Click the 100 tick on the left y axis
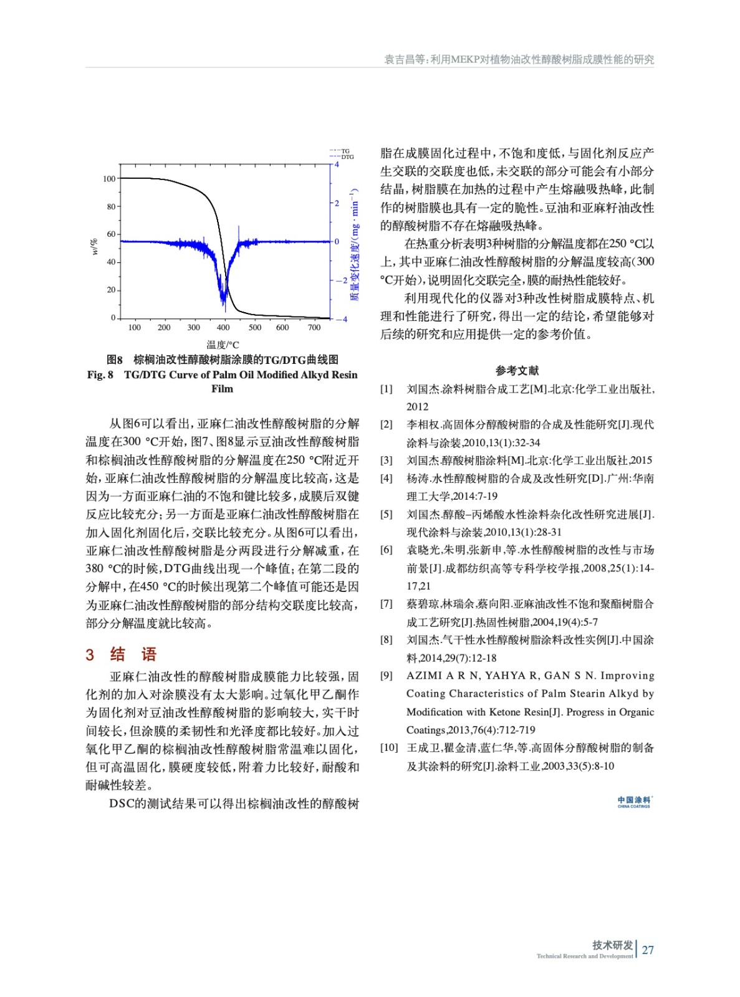[109, 179]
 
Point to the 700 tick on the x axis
[314, 327]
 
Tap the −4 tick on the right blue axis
[341, 320]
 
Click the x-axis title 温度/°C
[223, 344]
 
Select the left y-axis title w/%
[95, 247]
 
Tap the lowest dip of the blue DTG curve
[224, 310]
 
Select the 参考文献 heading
[517, 371]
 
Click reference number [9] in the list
[387, 675]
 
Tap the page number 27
[648, 950]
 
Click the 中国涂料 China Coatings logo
[634, 802]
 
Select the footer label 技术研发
[612, 945]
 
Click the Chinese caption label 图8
[115, 360]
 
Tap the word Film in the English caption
[222, 389]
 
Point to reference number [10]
[389, 748]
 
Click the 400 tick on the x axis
[223, 327]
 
